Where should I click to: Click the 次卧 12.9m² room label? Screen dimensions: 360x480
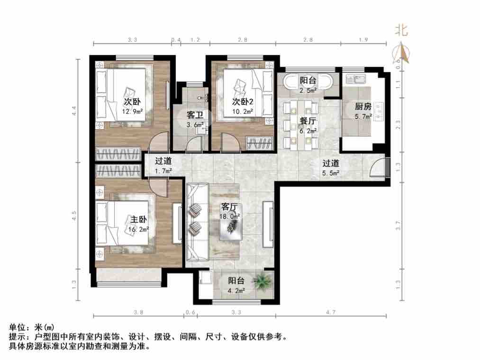(132, 107)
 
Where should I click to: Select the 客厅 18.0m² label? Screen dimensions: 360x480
(230, 212)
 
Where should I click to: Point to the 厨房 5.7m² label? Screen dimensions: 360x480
(363, 110)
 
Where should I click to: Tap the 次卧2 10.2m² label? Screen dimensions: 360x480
(243, 107)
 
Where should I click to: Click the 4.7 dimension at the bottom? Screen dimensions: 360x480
(331, 312)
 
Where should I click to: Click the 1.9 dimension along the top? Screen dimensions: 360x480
(363, 40)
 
